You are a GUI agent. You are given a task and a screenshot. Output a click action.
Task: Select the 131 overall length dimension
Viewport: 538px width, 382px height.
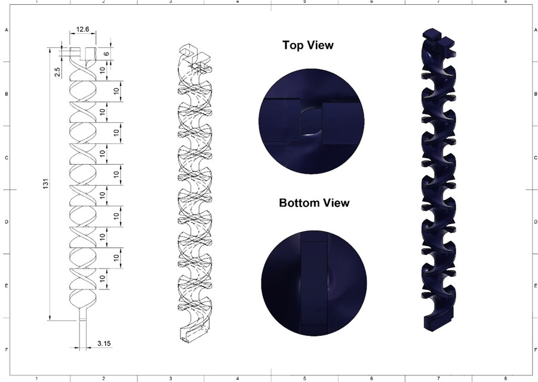(45, 186)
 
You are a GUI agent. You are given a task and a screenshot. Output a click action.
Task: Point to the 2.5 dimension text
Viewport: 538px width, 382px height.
(57, 71)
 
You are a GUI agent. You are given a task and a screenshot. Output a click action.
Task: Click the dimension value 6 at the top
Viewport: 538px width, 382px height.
(106, 53)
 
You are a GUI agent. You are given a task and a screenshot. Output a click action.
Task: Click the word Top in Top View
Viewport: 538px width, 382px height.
(295, 45)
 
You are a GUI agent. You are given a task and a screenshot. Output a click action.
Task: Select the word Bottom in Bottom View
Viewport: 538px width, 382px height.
(300, 203)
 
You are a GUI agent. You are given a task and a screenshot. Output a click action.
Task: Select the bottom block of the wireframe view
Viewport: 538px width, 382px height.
(192, 334)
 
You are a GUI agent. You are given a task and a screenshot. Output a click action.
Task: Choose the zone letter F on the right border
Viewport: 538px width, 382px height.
(534, 350)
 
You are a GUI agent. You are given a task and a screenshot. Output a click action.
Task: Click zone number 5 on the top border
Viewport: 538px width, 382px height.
(305, 2)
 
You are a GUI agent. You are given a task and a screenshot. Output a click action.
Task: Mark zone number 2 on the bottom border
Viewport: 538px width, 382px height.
(104, 378)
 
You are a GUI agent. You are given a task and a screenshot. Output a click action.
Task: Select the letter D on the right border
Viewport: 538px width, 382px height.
(534, 222)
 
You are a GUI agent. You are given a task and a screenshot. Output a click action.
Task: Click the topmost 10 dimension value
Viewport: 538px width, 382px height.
(102, 70)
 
